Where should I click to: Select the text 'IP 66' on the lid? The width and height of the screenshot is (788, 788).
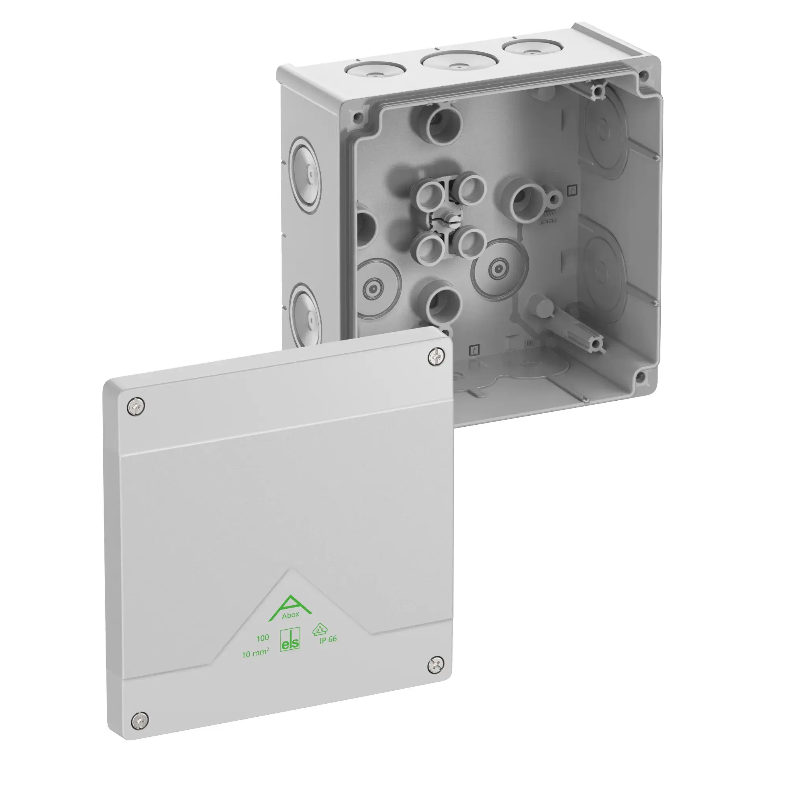coord(328,639)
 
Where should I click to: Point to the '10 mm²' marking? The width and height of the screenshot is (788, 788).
coord(255,654)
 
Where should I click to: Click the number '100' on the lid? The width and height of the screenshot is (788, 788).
coord(262,638)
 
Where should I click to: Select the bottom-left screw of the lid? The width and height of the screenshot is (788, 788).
coord(140,720)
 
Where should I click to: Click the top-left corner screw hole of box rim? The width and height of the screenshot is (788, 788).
coord(358,118)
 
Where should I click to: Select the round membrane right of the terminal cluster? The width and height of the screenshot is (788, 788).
coord(497,269)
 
